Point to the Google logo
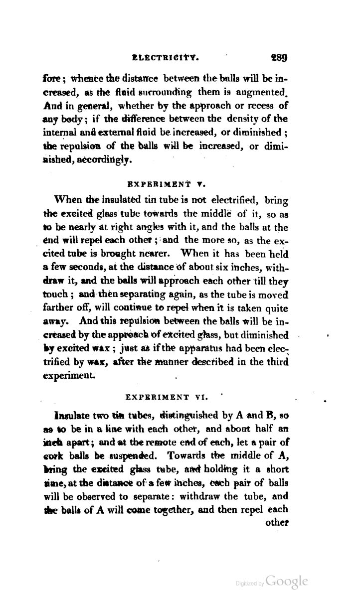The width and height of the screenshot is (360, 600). point(287,582)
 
